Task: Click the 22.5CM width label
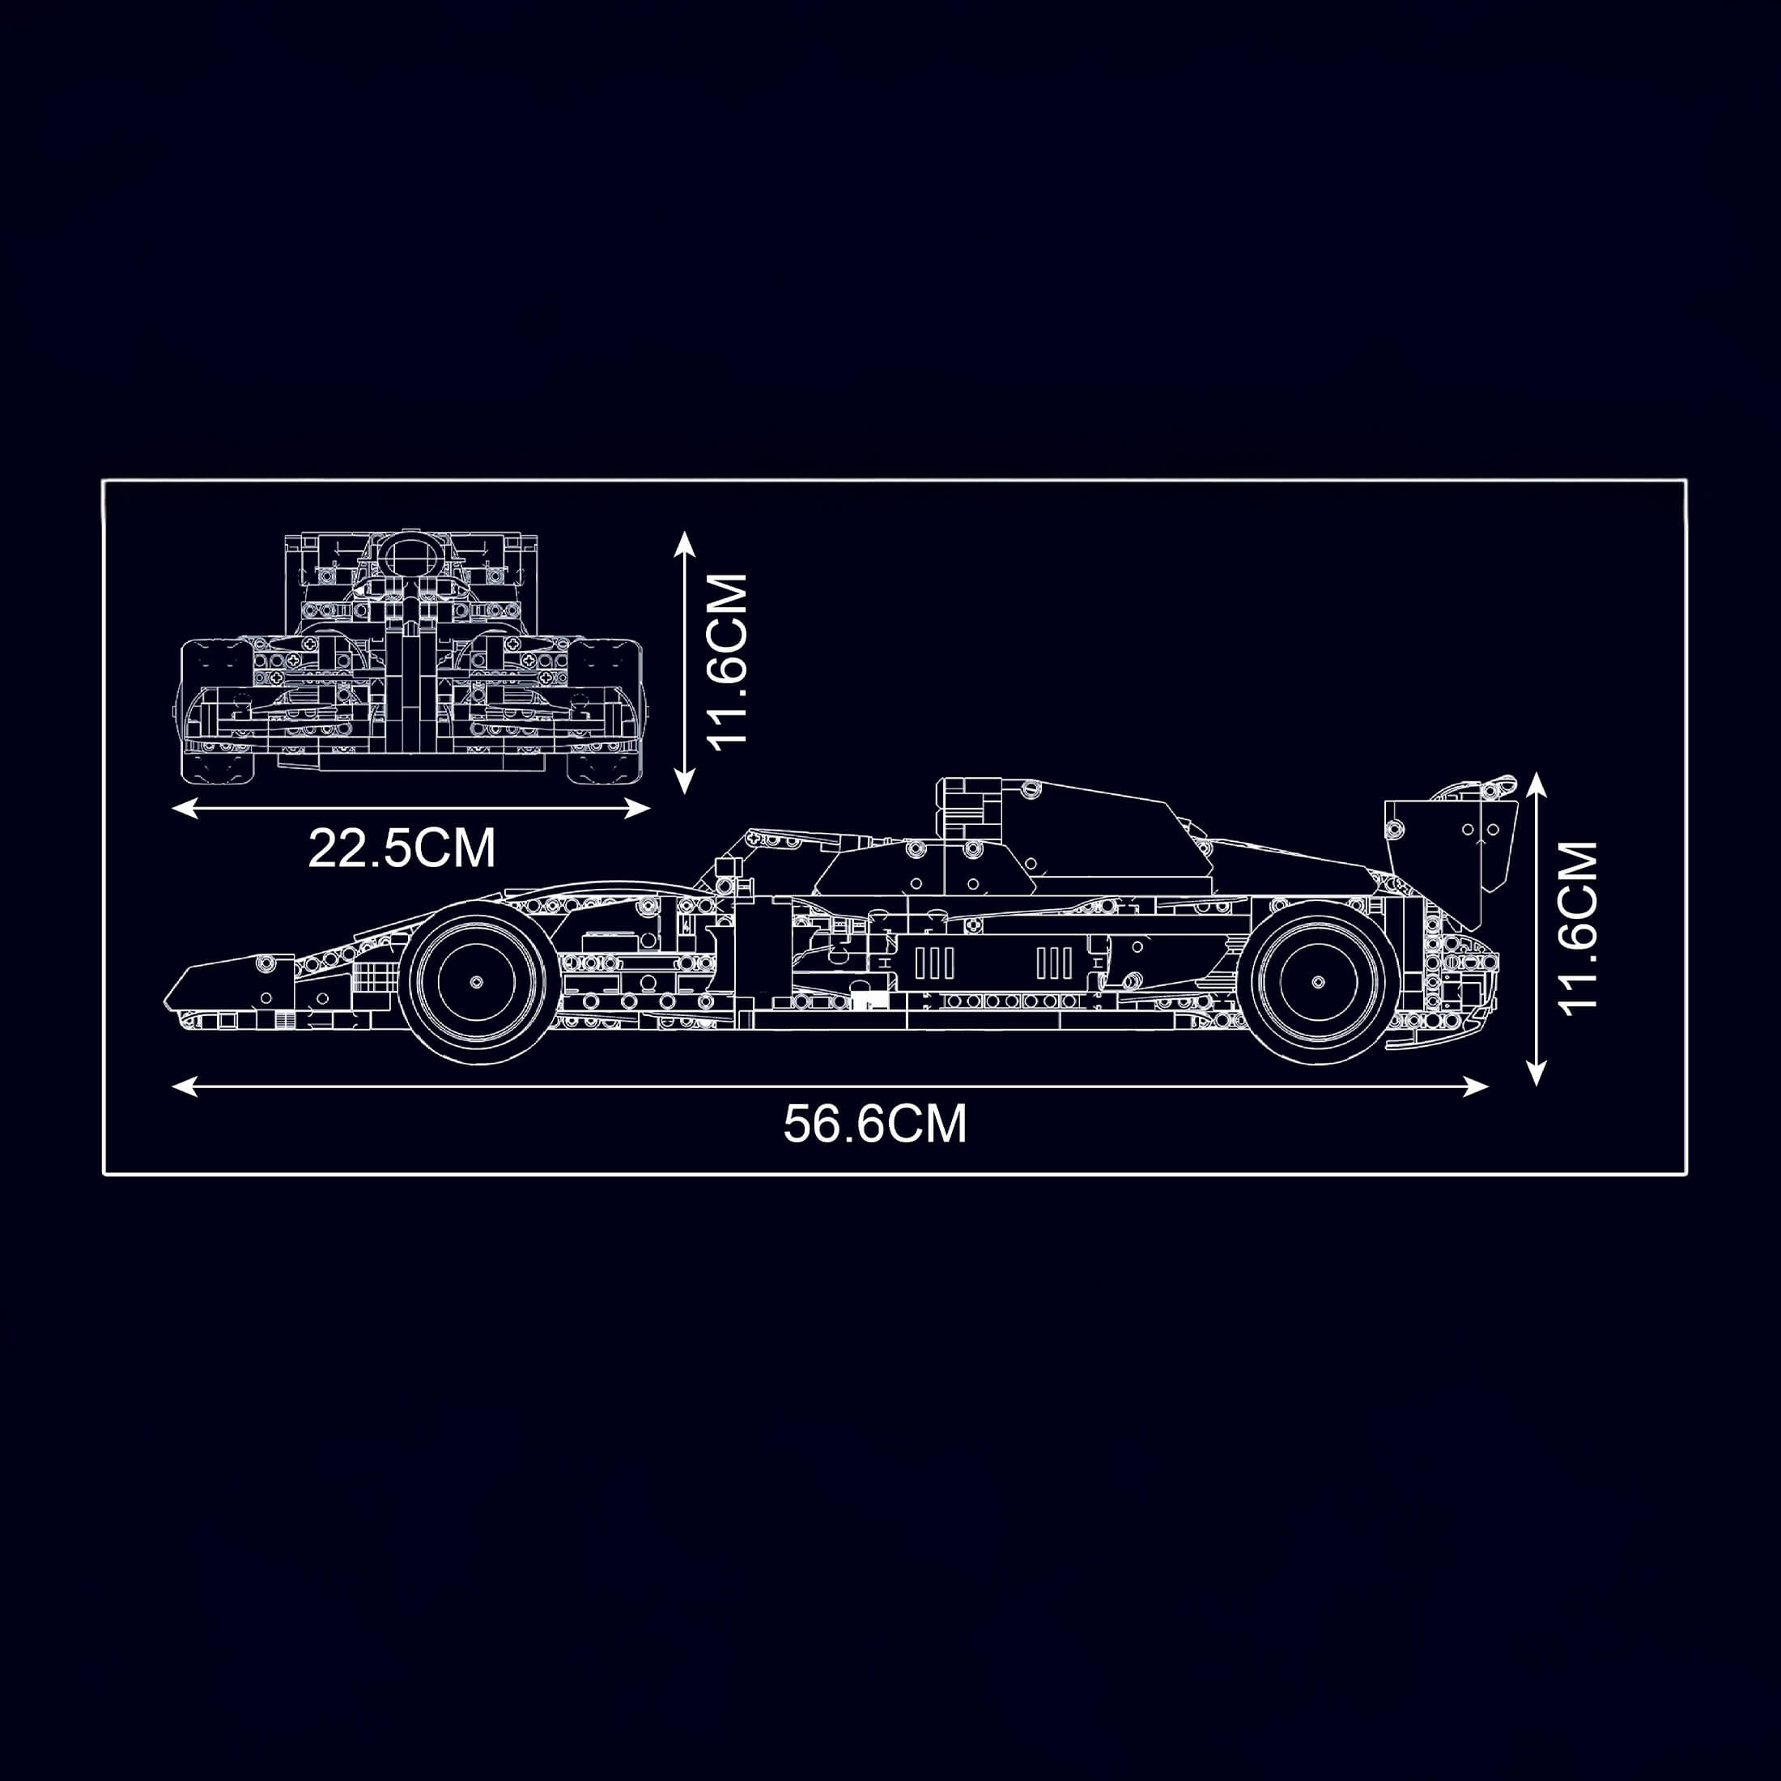402,848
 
